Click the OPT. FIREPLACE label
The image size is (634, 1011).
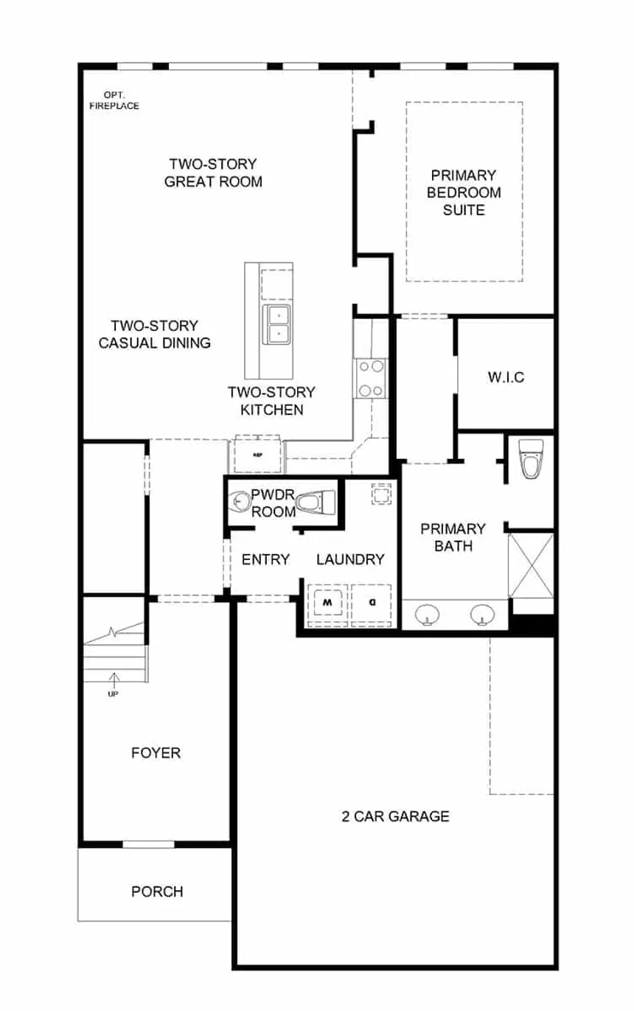114,101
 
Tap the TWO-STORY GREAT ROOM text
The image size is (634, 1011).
213,172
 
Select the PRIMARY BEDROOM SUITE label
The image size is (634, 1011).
464,192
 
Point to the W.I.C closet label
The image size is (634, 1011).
506,377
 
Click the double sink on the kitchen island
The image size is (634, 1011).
277,324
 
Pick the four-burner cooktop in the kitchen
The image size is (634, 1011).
371,377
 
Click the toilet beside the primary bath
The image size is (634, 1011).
531,458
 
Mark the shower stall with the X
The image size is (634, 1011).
531,564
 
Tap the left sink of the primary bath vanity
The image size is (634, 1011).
425,614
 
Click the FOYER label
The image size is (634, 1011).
156,753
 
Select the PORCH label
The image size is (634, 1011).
157,892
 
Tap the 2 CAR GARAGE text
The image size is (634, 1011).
395,816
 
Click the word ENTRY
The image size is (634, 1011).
265,559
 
